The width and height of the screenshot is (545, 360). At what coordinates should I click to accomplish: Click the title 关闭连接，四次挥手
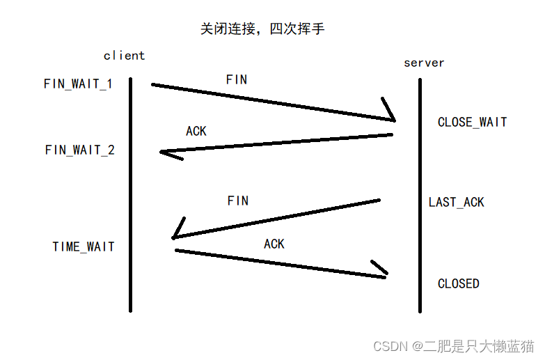pyautogui.click(x=262, y=29)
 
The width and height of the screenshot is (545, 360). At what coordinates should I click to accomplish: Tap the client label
pyautogui.click(x=124, y=56)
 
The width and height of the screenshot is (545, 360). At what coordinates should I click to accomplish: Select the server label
pyautogui.click(x=424, y=63)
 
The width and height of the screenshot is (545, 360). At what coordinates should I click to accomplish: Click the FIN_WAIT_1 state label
pyautogui.click(x=78, y=84)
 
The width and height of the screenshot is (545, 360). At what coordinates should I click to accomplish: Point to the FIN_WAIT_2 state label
pyautogui.click(x=80, y=150)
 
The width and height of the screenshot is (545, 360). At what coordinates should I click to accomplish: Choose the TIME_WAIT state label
pyautogui.click(x=84, y=246)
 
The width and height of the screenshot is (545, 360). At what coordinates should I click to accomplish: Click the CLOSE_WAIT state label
pyautogui.click(x=472, y=122)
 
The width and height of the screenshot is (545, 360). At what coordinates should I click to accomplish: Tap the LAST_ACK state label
pyautogui.click(x=456, y=202)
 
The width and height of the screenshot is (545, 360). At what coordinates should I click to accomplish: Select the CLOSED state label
pyautogui.click(x=458, y=283)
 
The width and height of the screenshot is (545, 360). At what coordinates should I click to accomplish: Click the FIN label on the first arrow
pyautogui.click(x=237, y=79)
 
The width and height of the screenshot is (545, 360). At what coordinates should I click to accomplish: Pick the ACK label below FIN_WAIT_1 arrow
pyautogui.click(x=196, y=131)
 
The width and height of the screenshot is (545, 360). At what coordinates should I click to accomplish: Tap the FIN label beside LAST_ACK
pyautogui.click(x=237, y=201)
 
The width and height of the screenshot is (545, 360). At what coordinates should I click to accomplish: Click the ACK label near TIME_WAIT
pyautogui.click(x=274, y=244)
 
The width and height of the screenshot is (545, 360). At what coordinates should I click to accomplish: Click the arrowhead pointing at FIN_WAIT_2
pyautogui.click(x=167, y=153)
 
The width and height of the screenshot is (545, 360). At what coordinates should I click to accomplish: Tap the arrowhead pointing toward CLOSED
pyautogui.click(x=381, y=272)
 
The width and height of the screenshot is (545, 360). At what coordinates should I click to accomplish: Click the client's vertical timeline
pyautogui.click(x=130, y=195)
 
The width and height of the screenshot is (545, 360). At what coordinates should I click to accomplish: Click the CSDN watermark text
pyautogui.click(x=453, y=346)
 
